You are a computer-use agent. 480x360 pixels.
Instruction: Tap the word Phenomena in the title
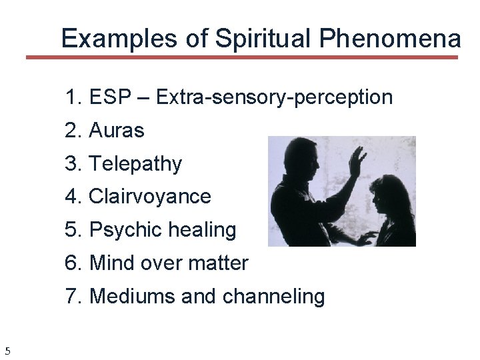point(389,39)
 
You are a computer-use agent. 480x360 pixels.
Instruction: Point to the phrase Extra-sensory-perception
point(274,97)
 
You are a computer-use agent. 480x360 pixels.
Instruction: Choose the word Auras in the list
point(116,131)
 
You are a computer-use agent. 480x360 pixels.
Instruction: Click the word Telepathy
point(135,164)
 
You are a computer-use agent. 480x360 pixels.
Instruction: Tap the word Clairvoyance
point(149,197)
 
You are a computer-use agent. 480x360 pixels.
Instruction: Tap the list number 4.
point(72,197)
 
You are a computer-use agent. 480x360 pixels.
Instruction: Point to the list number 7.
point(72,296)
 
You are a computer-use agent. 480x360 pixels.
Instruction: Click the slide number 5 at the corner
point(7,351)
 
